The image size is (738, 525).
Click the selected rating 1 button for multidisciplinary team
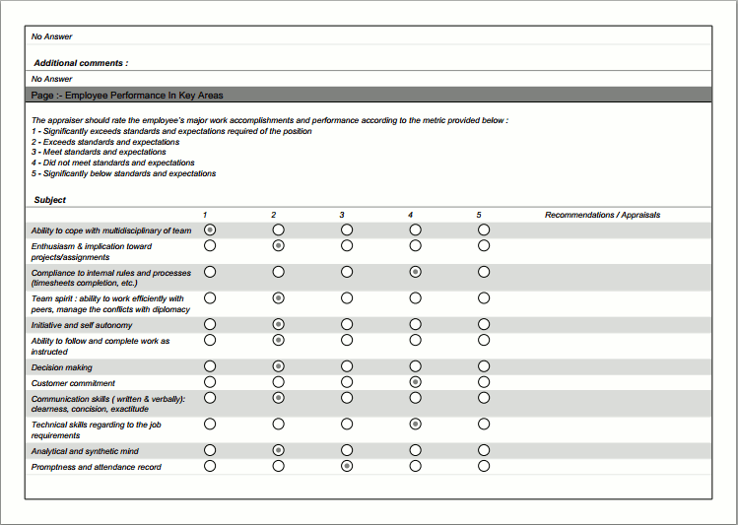[210, 230]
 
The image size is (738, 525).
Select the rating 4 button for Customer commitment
[415, 381]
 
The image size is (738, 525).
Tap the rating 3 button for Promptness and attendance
[347, 466]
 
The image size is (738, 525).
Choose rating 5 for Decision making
[484, 365]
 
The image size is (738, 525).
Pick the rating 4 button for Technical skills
[415, 424]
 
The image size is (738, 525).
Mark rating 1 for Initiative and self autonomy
[210, 323]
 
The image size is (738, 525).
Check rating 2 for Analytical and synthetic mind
[279, 450]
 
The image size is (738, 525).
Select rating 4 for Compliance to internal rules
[415, 272]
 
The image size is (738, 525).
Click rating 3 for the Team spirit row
[347, 297]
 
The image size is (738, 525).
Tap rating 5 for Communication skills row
[484, 397]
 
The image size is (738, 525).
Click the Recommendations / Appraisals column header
[602, 215]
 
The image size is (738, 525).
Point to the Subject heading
[50, 200]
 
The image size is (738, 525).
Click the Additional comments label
[81, 63]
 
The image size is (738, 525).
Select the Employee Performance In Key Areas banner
[127, 96]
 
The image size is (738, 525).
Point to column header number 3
[342, 215]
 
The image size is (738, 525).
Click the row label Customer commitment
[73, 383]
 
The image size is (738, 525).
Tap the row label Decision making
[62, 367]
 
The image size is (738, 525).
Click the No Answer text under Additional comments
[52, 79]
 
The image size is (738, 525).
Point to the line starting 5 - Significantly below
[123, 173]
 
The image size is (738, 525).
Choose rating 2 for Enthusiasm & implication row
[279, 245]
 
